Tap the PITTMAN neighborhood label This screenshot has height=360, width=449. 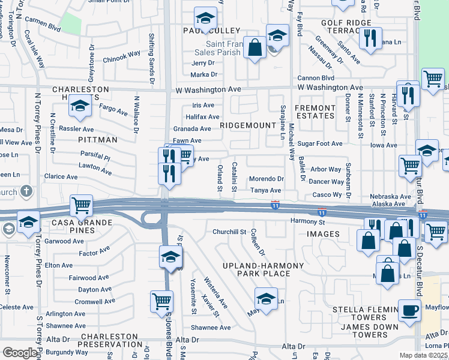[x=97, y=139]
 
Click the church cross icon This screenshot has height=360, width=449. [x=26, y=191]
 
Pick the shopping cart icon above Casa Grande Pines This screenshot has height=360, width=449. [x=81, y=205]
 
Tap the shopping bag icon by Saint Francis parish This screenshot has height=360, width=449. [x=255, y=47]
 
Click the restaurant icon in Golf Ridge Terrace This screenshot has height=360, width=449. [x=370, y=38]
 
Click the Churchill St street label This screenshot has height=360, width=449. [x=229, y=232]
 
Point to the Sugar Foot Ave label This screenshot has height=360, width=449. [x=320, y=144]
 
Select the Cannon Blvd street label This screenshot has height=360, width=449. [x=316, y=78]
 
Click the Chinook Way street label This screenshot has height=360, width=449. [x=121, y=59]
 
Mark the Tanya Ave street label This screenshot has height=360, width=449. [x=266, y=190]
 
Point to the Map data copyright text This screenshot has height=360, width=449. [x=424, y=355]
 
